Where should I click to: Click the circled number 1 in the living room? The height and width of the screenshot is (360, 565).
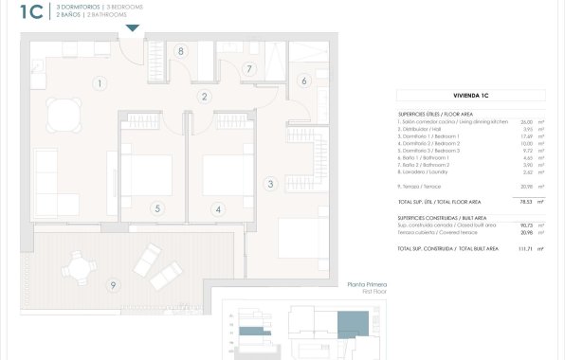99,83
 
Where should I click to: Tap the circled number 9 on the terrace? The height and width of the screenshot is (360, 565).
113,285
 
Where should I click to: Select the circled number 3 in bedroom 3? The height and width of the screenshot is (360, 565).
270,183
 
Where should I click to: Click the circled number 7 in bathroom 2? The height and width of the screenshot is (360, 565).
157,209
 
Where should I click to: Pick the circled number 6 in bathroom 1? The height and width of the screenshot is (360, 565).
304,81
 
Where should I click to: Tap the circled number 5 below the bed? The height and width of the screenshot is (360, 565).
248,68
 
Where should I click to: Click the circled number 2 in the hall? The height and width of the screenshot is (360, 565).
204,96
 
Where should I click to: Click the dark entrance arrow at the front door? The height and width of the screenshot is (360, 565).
132,28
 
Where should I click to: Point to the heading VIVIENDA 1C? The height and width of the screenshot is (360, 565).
470,96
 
